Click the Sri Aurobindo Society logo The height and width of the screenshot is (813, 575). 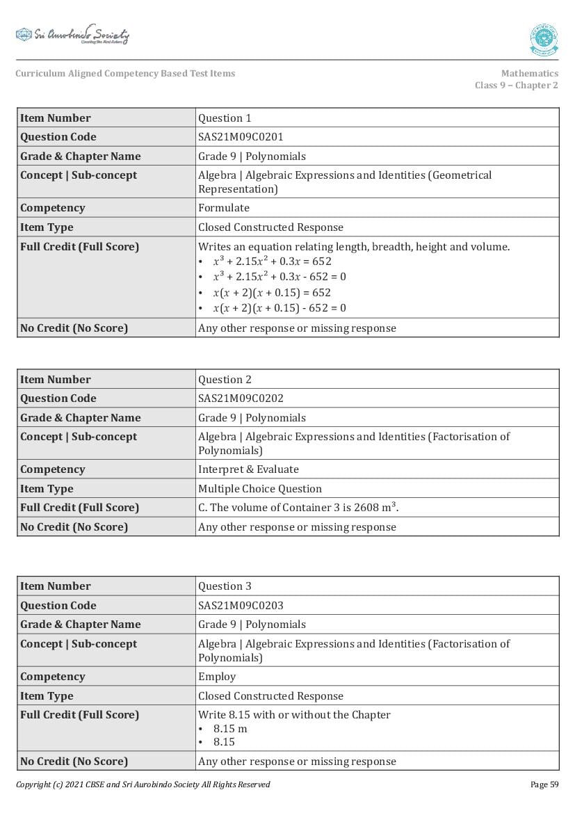pyautogui.click(x=72, y=35)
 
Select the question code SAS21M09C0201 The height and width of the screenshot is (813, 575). pyautogui.click(x=241, y=137)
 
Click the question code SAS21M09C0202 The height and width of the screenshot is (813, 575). pyautogui.click(x=241, y=399)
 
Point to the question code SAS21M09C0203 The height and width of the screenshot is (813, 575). pyautogui.click(x=241, y=606)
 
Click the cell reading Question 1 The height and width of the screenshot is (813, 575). pyautogui.click(x=225, y=118)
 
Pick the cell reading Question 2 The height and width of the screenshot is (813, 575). pyautogui.click(x=225, y=380)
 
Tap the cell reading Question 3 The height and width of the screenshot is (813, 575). pyautogui.click(x=225, y=586)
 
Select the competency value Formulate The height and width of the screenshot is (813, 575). pyautogui.click(x=223, y=208)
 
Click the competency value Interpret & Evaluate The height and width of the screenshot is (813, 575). pyautogui.click(x=248, y=469)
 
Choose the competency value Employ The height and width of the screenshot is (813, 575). pyautogui.click(x=217, y=677)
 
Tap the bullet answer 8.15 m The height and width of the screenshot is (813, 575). pyautogui.click(x=230, y=729)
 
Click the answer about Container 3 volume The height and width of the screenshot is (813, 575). pyautogui.click(x=298, y=508)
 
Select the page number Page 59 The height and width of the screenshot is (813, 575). pyautogui.click(x=544, y=784)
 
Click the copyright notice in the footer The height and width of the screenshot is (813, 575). pyautogui.click(x=143, y=784)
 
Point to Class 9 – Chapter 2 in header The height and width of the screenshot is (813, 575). pyautogui.click(x=516, y=86)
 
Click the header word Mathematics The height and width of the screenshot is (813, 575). pyautogui.click(x=529, y=73)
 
